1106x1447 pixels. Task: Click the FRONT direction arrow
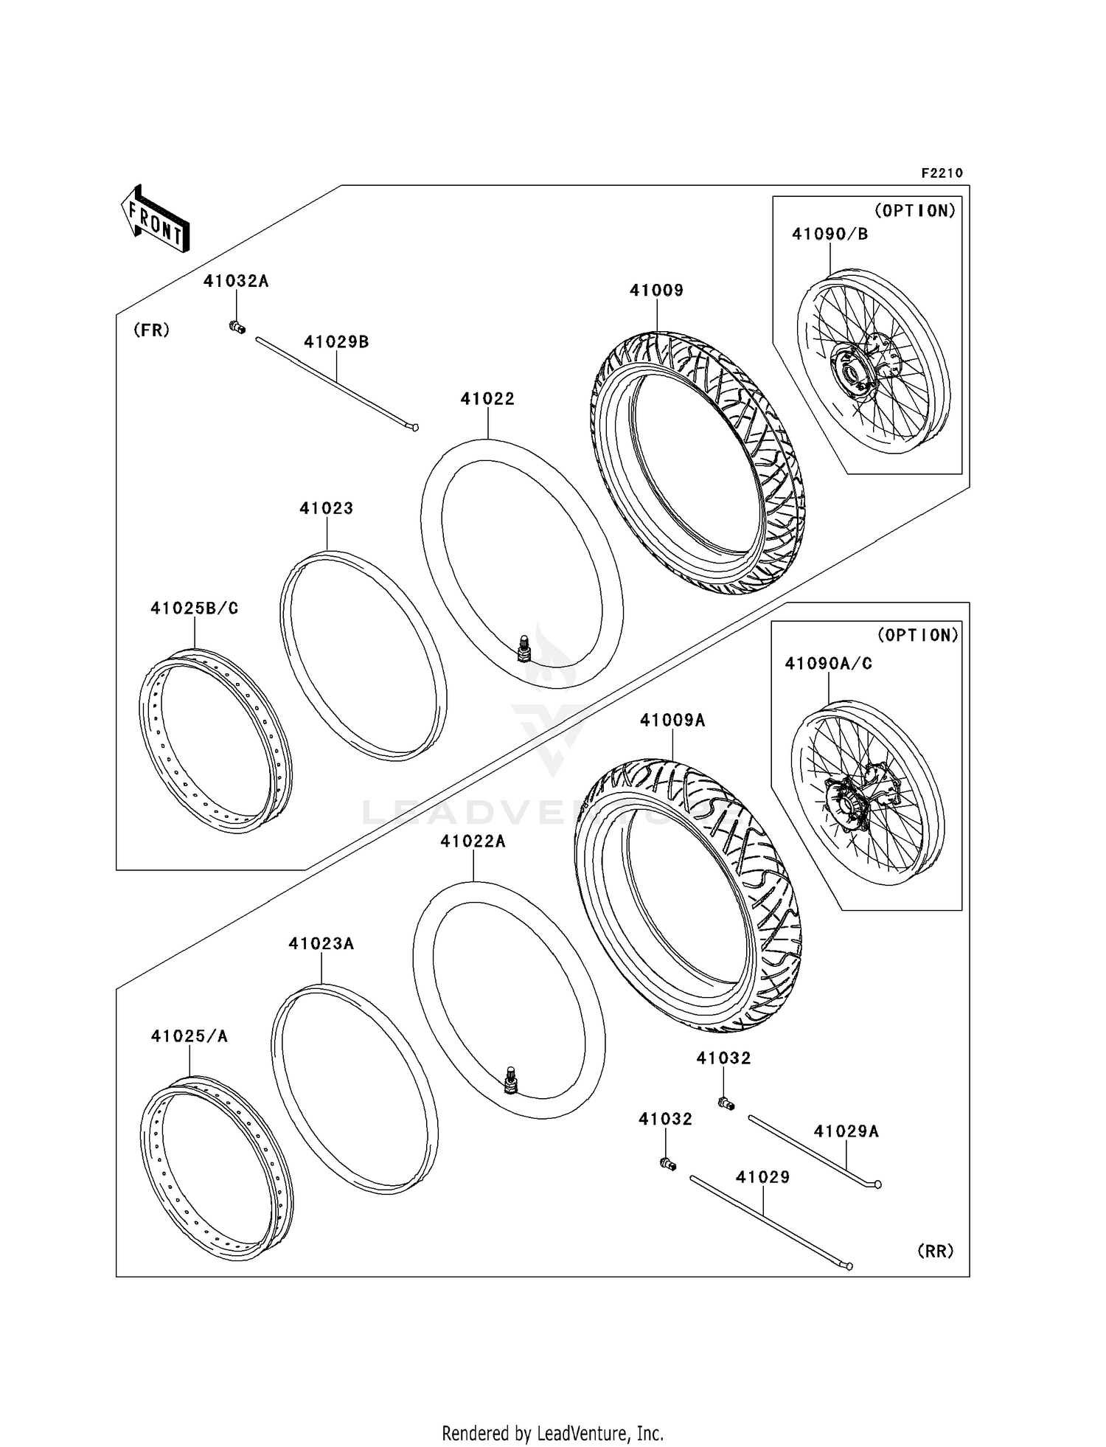[156, 219]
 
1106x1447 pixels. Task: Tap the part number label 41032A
[236, 281]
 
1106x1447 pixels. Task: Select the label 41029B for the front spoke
[336, 342]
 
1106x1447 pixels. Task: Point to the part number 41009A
[672, 721]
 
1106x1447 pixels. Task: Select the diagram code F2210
[942, 173]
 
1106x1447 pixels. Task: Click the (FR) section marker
[151, 330]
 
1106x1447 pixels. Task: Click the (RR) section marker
[935, 1251]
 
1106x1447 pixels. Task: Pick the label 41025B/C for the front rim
[195, 608]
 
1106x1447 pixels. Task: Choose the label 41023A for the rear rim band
[321, 944]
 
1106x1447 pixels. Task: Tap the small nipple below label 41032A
[237, 327]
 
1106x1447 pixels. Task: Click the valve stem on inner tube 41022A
[509, 1081]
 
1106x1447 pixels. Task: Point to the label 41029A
[846, 1131]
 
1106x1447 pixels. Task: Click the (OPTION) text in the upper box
[914, 211]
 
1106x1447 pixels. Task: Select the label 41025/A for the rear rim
[189, 1036]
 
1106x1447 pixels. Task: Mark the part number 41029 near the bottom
[762, 1177]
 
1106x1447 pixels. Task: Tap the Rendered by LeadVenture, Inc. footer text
[552, 1433]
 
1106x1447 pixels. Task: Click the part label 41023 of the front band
[326, 508]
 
